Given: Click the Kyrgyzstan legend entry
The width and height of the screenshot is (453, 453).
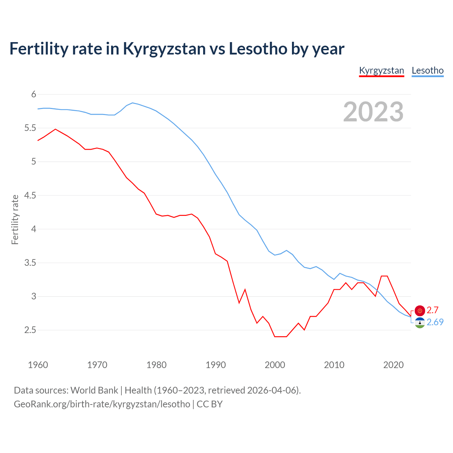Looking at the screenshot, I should (381, 70).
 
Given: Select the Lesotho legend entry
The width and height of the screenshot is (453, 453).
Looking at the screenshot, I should (428, 70).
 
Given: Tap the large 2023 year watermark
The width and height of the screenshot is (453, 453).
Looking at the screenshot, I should (373, 112).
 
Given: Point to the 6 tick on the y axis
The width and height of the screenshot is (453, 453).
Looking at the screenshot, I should (34, 94).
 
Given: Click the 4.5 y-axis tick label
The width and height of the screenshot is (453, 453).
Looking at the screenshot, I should (30, 195).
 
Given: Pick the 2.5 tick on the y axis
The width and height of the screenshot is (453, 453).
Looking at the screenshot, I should (30, 330).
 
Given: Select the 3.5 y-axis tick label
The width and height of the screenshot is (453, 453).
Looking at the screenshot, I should (30, 263).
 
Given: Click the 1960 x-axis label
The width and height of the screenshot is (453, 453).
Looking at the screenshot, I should (38, 365).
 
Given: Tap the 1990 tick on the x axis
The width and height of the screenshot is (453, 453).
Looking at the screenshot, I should (216, 365).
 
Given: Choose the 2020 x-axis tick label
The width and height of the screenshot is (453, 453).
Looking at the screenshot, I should (393, 365).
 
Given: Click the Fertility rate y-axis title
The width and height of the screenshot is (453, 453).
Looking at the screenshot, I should (15, 219).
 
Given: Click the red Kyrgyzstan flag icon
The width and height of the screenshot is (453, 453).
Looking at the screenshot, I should (420, 310).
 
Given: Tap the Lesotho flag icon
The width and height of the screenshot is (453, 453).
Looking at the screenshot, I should (420, 322).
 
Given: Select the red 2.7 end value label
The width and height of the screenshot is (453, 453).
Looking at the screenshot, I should (432, 310).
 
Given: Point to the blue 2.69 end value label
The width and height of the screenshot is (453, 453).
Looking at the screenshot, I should (435, 322).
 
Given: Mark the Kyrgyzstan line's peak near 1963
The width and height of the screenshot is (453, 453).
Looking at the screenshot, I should (56, 129).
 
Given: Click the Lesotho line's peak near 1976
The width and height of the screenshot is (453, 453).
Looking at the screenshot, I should (132, 103).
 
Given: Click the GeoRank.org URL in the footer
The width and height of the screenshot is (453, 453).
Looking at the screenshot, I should (102, 404).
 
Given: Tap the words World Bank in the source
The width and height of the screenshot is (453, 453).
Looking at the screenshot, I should (94, 390).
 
